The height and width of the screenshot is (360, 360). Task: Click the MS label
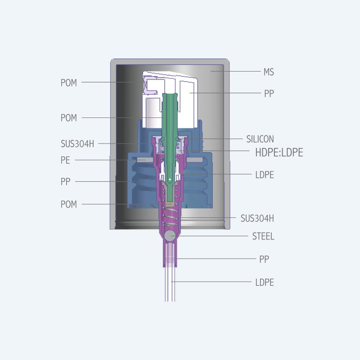(x=269, y=72)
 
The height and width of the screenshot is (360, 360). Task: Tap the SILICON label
(x=260, y=139)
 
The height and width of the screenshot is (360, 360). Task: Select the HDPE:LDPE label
(x=279, y=153)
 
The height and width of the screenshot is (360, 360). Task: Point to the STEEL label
(x=263, y=236)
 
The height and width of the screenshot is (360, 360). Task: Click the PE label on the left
(x=65, y=160)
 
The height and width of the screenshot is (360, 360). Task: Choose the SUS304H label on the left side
(x=77, y=144)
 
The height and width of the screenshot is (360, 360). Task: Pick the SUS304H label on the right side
(x=257, y=218)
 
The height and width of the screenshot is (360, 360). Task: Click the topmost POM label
(x=69, y=83)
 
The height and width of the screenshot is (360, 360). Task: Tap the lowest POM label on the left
(x=69, y=204)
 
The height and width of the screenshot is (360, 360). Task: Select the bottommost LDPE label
(x=265, y=282)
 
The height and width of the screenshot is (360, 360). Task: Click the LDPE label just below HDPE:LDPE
(x=265, y=175)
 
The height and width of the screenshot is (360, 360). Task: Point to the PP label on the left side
(x=65, y=182)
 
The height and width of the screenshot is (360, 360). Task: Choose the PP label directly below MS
(x=269, y=94)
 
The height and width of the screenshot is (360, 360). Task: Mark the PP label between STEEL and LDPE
(x=264, y=259)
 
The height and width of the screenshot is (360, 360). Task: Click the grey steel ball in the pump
(x=170, y=236)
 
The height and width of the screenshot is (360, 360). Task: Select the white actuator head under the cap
(x=170, y=99)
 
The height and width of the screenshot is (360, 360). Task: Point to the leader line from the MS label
(x=235, y=71)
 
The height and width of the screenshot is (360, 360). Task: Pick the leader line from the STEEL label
(x=212, y=236)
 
